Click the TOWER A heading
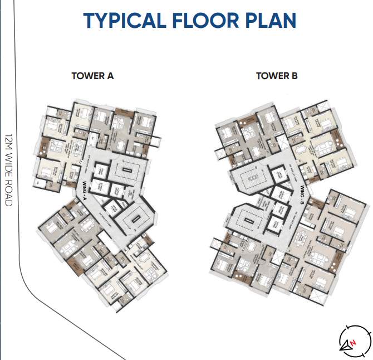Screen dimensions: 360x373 click(92, 76)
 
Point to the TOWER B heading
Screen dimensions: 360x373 click(277, 76)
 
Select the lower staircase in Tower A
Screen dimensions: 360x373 click(132, 216)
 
